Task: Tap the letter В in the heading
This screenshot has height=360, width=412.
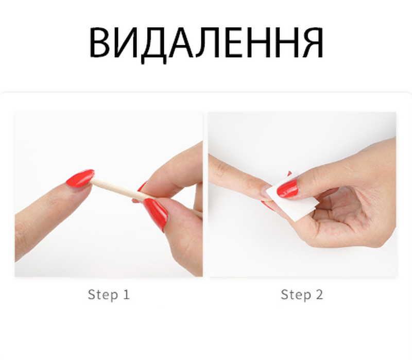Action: pos(99,43)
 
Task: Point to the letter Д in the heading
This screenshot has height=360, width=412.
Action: pos(154,45)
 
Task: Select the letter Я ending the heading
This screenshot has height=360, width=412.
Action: pos(312,43)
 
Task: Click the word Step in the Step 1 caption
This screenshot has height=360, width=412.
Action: pos(102,295)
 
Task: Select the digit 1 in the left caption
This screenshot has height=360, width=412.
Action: pos(126,294)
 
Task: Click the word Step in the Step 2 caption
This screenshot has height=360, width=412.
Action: pos(296,295)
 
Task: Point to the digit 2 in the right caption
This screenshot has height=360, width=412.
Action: pos(319,294)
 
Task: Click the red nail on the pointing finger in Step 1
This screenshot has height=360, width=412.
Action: pos(80,178)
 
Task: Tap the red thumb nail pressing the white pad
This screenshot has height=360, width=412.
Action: pos(287,188)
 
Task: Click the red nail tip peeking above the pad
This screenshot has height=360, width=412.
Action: pos(289,174)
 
